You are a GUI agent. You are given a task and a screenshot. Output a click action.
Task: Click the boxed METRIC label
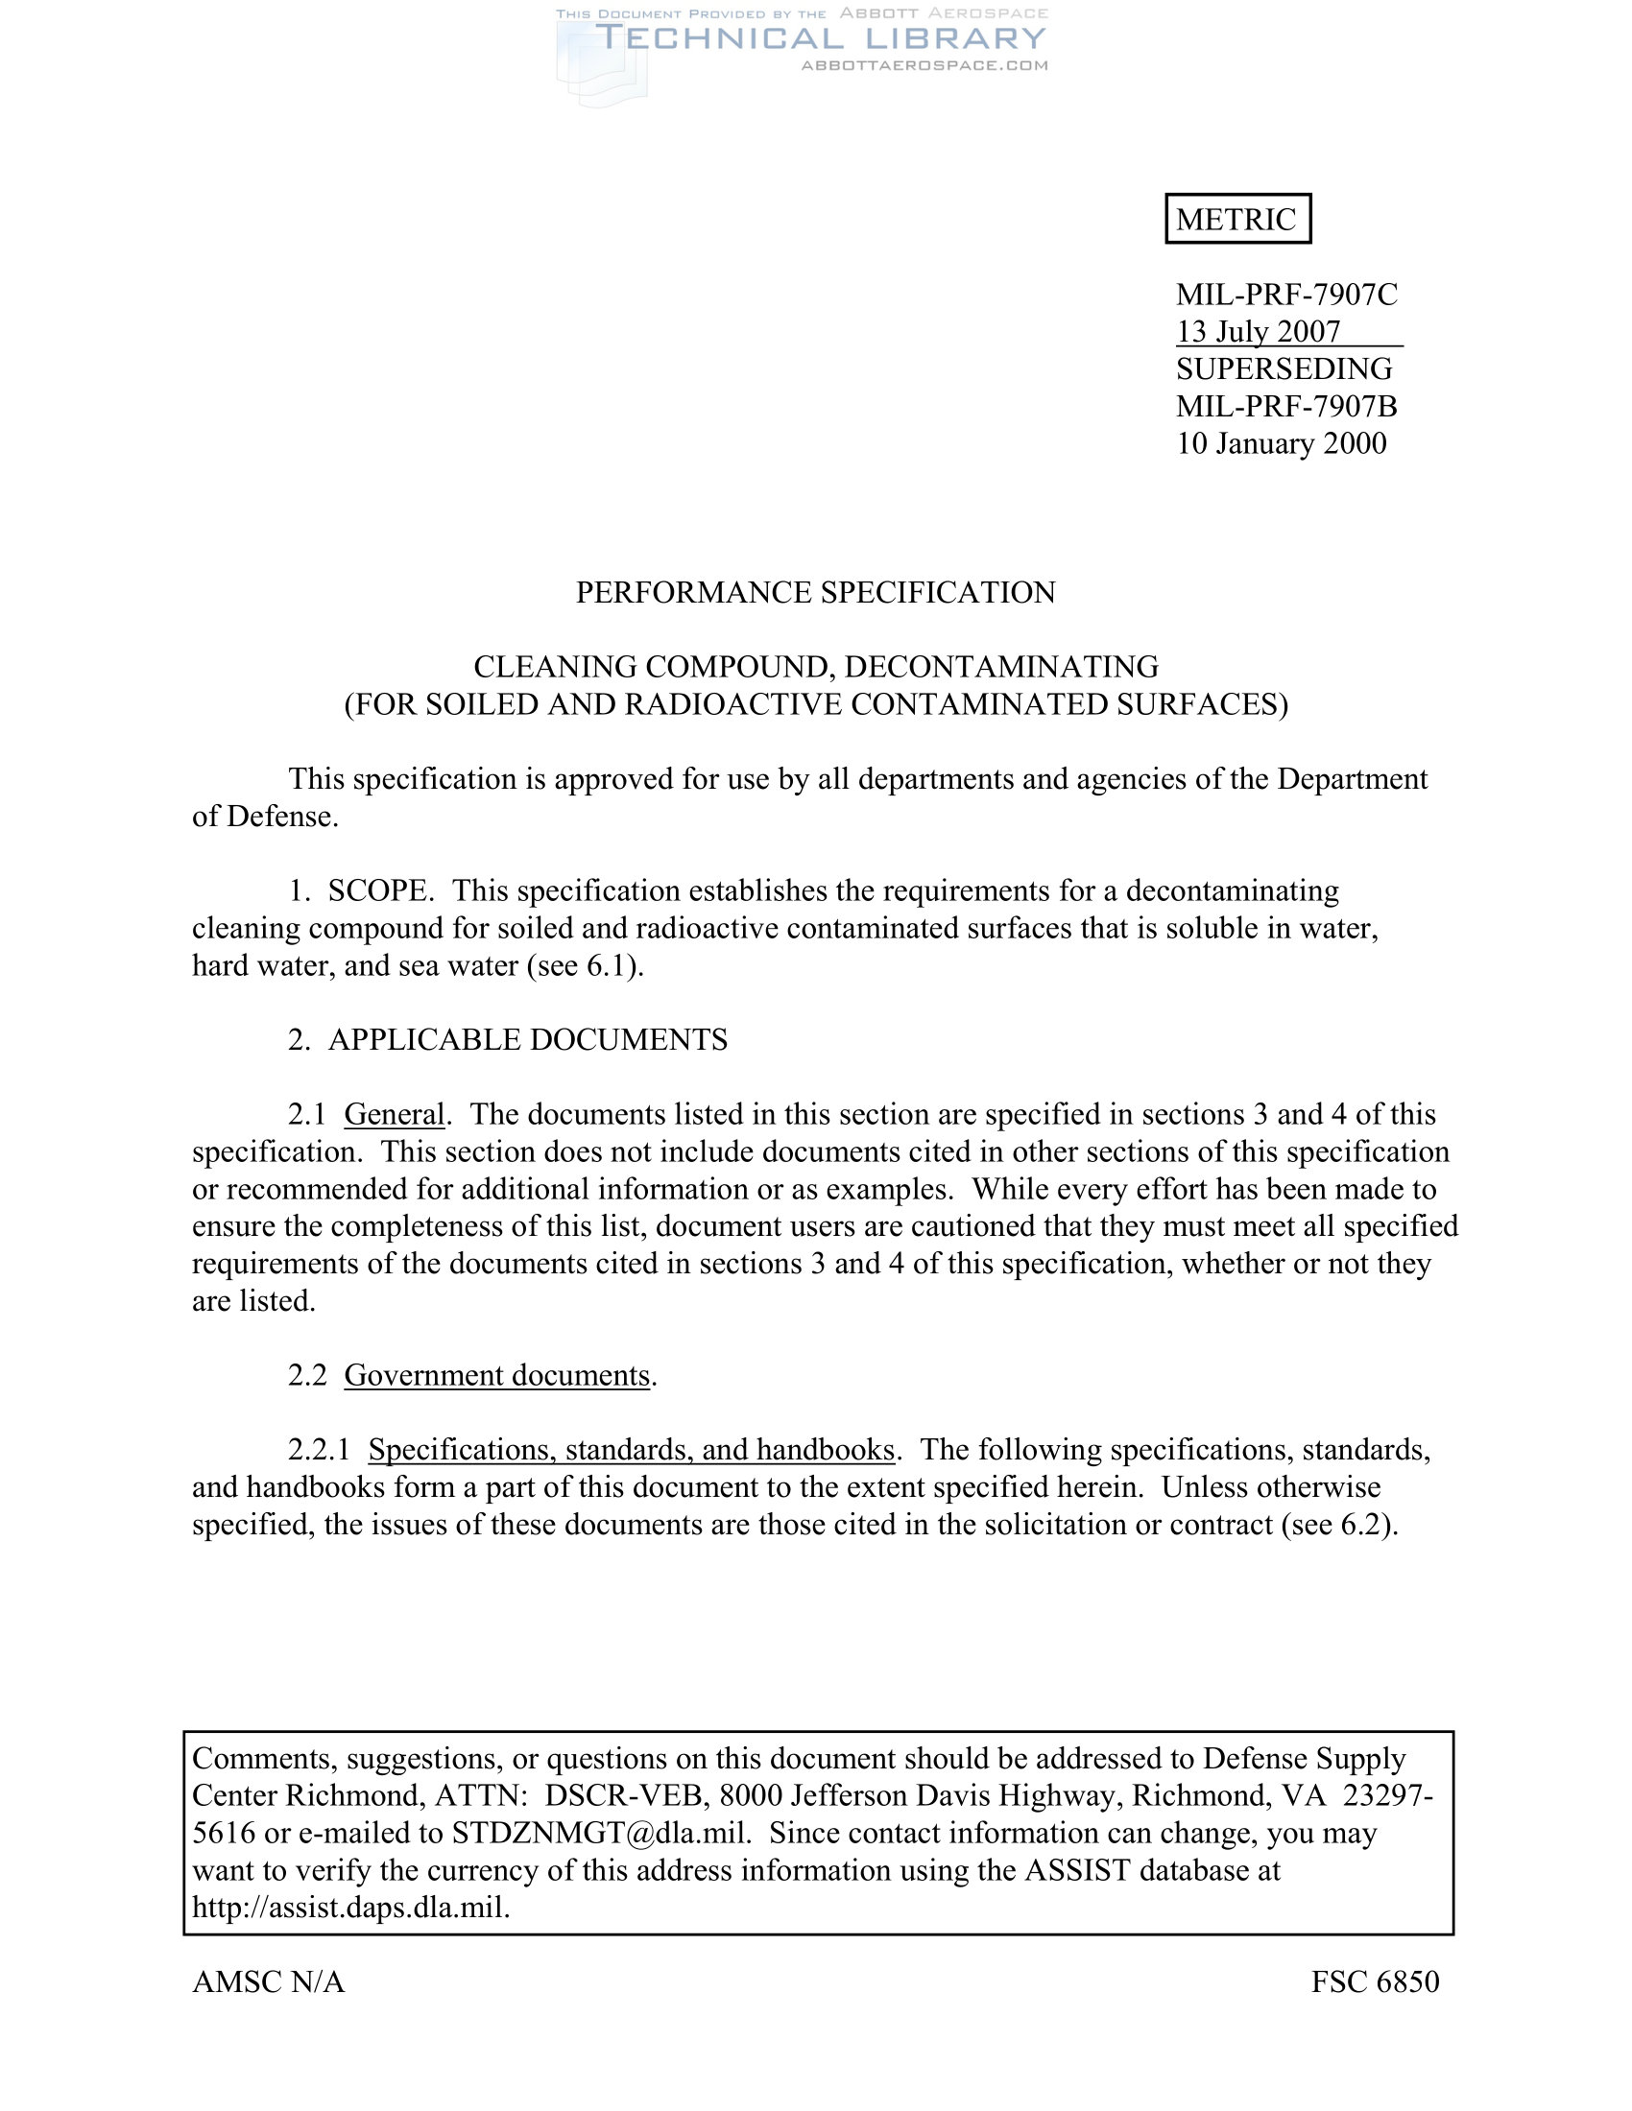[x=1236, y=220]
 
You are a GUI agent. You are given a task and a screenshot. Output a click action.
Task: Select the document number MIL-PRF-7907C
[x=1285, y=294]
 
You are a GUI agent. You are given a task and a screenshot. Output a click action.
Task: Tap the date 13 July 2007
[x=1258, y=332]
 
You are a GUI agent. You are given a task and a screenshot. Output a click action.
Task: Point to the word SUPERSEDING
[x=1284, y=368]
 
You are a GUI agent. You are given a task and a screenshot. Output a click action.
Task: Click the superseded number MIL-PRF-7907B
[x=1285, y=406]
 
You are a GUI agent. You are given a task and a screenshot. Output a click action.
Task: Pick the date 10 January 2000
[x=1281, y=442]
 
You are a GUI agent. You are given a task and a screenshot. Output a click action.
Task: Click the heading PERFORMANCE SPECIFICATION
[x=815, y=591]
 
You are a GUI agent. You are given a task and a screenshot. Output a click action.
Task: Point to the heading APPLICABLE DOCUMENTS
[x=527, y=1039]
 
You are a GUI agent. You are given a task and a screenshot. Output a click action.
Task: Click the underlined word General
[x=394, y=1113]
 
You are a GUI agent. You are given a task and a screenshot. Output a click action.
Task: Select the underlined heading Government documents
[x=497, y=1374]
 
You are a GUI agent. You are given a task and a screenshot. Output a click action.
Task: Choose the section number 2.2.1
[x=318, y=1449]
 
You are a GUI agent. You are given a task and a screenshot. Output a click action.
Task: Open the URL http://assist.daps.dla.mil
[x=350, y=1907]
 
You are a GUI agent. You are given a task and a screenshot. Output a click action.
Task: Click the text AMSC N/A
[x=268, y=1981]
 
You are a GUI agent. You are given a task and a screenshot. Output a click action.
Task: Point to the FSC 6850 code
[x=1375, y=1981]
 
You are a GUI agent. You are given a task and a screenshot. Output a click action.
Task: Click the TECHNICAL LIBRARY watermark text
[x=821, y=38]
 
